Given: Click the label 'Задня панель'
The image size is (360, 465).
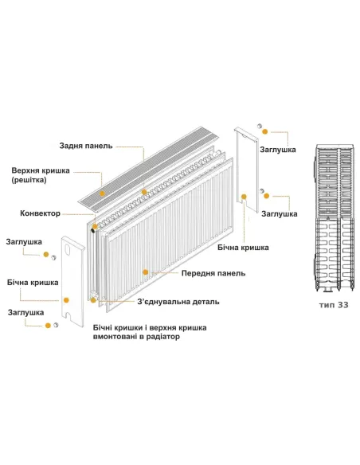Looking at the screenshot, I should coord(86,147).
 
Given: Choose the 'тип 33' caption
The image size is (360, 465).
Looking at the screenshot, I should coord(333,304).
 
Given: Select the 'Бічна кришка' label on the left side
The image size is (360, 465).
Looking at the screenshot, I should coord(32,283).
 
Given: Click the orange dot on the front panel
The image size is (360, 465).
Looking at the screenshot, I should coord(145,272).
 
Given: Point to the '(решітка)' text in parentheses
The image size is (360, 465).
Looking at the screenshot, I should coord(30,182).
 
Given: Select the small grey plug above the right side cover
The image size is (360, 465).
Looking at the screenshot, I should coord(260,127).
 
